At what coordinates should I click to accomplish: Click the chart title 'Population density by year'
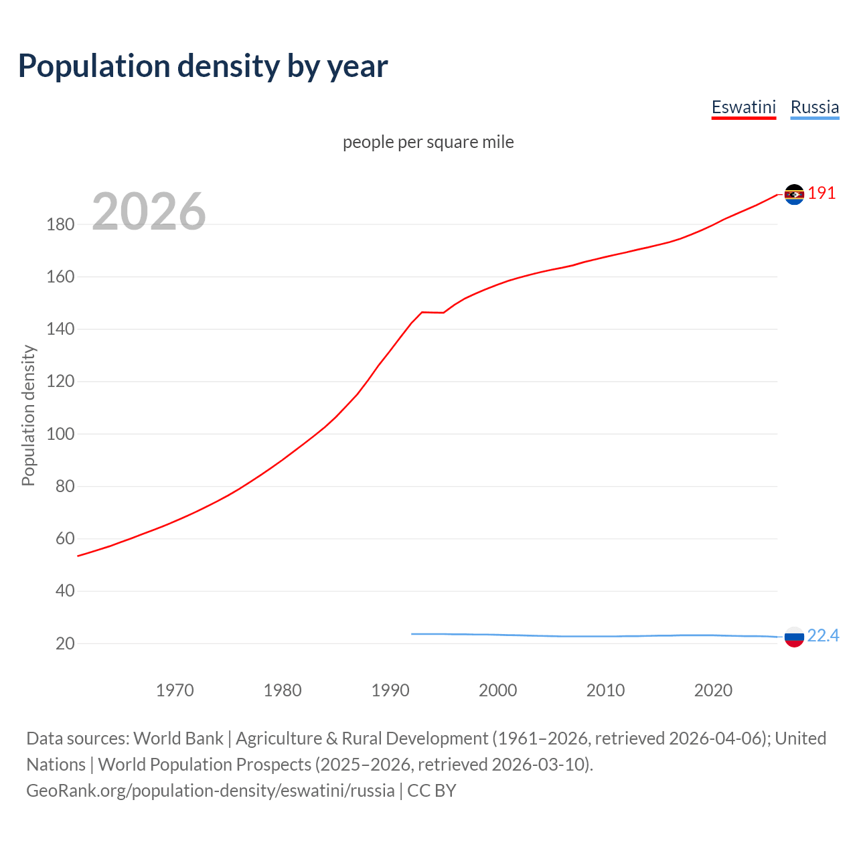point(203,66)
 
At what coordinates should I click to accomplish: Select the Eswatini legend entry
point(743,107)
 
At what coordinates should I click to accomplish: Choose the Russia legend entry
point(814,107)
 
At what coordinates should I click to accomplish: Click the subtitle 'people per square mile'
point(428,142)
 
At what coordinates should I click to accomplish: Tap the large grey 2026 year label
point(149,212)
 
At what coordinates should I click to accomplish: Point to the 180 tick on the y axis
point(60,224)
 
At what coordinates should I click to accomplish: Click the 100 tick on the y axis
point(60,434)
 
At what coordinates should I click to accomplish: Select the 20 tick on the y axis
point(64,643)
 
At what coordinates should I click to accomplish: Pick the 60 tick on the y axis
point(64,538)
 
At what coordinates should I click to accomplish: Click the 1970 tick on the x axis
point(175,690)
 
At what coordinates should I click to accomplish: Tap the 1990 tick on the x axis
point(390,690)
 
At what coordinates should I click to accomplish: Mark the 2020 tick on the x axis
point(713,690)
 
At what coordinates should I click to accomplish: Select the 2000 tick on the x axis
point(498,690)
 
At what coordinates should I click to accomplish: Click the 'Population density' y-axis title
point(28,415)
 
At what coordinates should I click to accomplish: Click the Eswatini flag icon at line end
point(794,194)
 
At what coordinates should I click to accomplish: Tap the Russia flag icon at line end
point(794,637)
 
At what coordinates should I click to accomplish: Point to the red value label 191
point(822,193)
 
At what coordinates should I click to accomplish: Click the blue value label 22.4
point(823,635)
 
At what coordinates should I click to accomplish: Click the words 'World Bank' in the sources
point(178,738)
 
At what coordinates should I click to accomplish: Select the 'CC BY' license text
point(432,791)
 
